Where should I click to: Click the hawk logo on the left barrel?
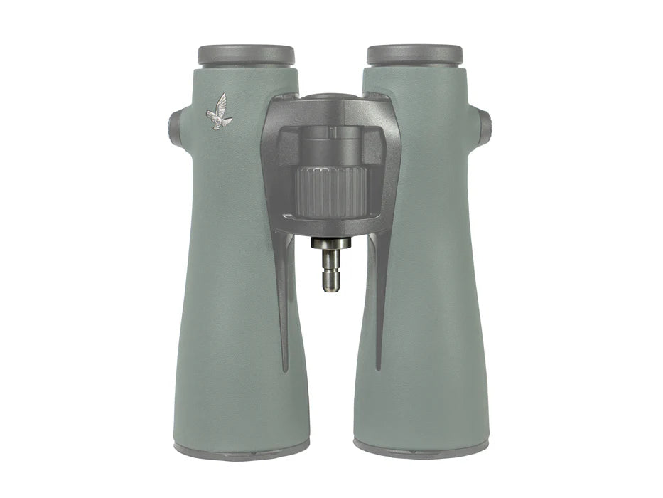pyautogui.click(x=219, y=113)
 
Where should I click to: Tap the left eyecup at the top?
pyautogui.click(x=246, y=55)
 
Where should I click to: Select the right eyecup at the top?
pyautogui.click(x=414, y=55)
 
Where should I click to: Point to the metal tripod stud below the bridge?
pyautogui.click(x=331, y=266)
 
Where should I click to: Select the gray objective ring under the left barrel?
pyautogui.click(x=242, y=449)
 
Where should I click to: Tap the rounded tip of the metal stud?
pyautogui.click(x=331, y=286)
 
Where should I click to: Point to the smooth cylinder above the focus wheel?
pyautogui.click(x=331, y=149)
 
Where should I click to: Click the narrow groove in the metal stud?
pyautogui.click(x=331, y=269)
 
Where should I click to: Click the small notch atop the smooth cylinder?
pyautogui.click(x=331, y=132)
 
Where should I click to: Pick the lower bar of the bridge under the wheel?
pyautogui.click(x=331, y=226)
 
